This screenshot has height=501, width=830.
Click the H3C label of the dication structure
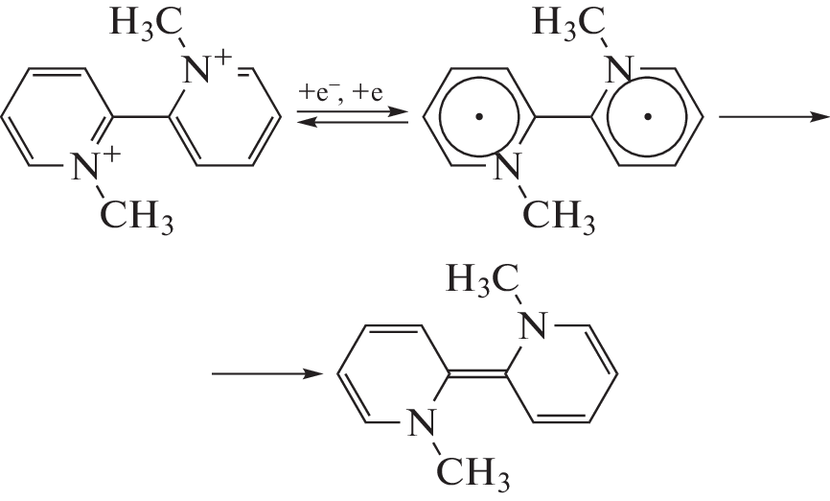(146, 23)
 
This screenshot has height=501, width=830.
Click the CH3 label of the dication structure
(136, 215)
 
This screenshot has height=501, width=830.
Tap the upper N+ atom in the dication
(196, 70)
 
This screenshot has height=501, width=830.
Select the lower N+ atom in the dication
(84, 166)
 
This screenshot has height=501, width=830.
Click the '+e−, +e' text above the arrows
(341, 93)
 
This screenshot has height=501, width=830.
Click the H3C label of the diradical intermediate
(568, 23)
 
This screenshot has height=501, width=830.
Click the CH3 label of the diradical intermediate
(559, 215)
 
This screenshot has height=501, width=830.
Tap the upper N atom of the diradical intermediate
(619, 70)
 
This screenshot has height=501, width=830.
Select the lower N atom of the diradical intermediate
(507, 166)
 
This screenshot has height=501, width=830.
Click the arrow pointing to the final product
(266, 374)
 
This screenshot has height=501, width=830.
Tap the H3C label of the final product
(483, 279)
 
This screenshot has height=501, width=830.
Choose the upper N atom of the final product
(533, 326)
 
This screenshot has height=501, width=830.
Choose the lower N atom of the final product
(422, 422)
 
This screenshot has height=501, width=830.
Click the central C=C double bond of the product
(478, 374)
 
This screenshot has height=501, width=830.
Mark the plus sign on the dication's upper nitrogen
(223, 57)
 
